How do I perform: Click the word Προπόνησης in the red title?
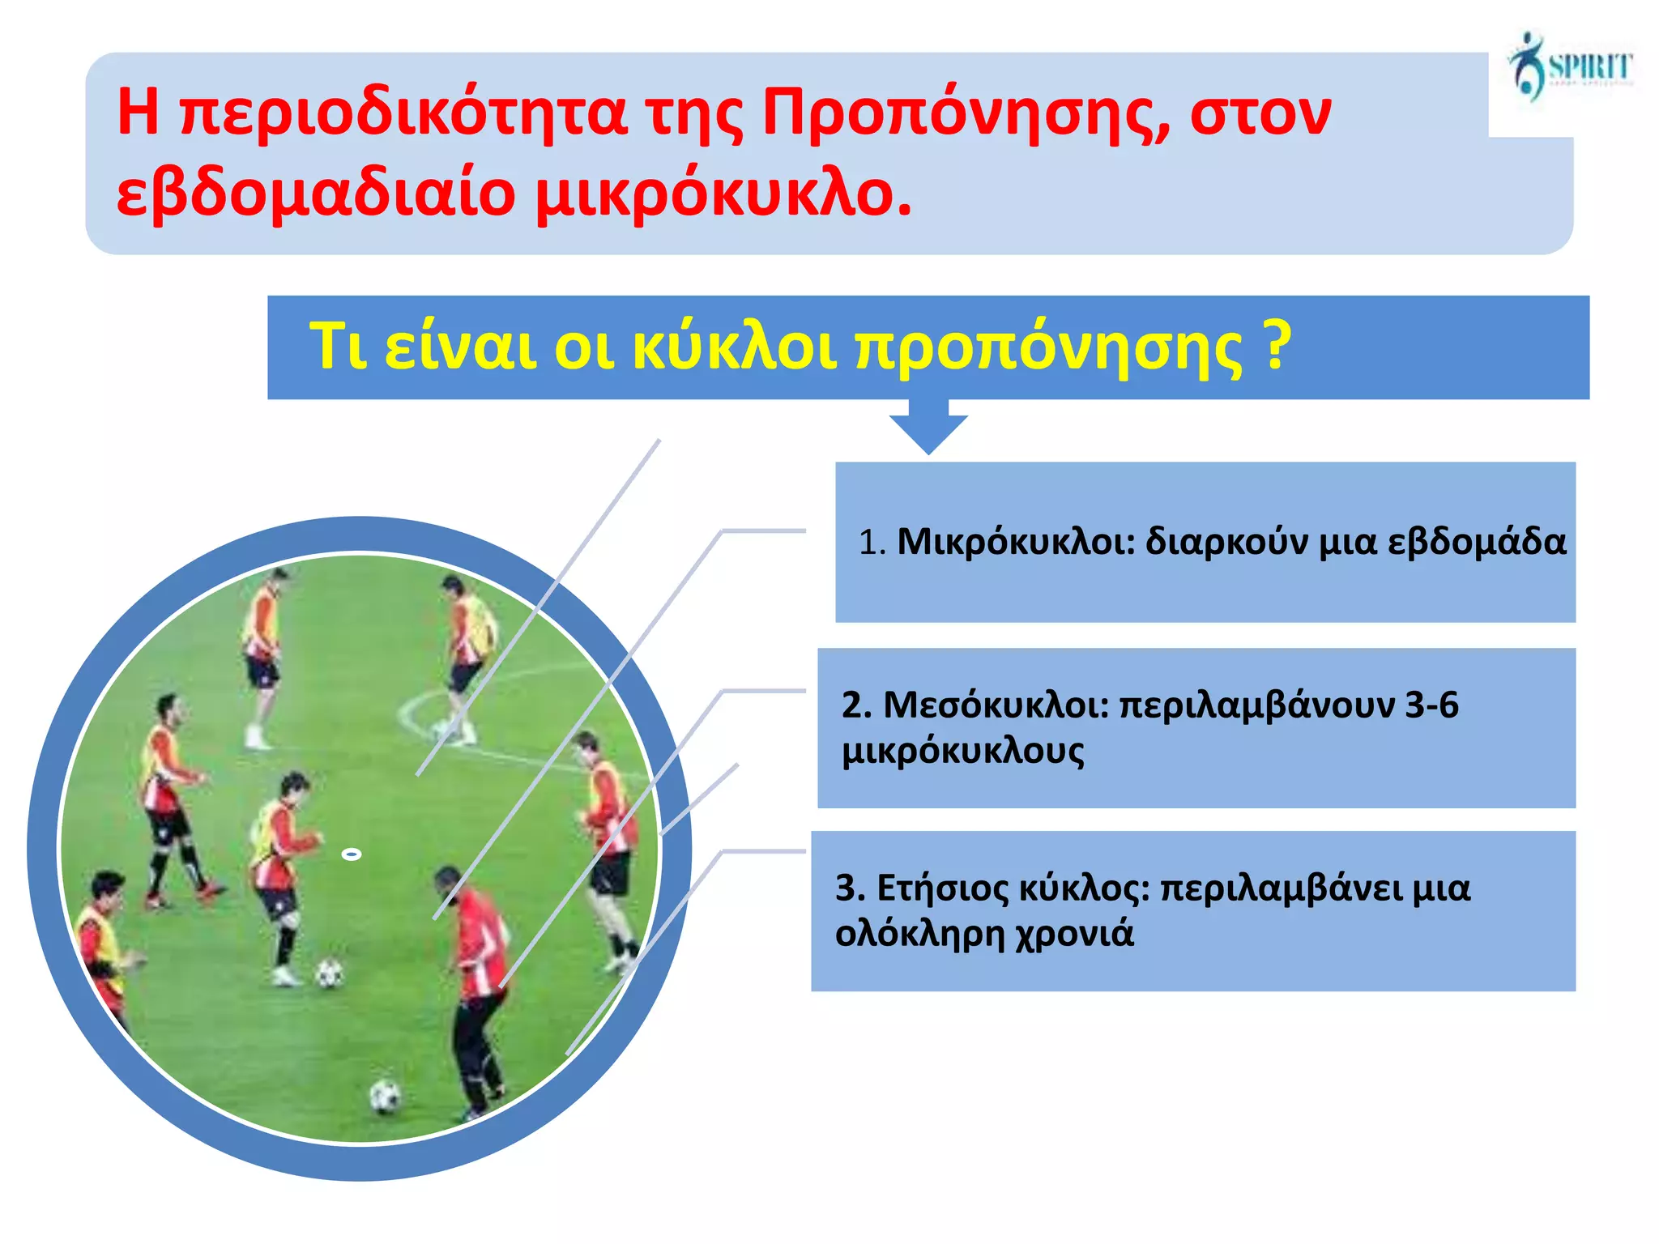click(964, 113)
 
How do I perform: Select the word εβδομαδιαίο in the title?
click(316, 194)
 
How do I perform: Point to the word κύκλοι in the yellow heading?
click(733, 347)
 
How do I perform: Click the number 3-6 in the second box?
click(1431, 705)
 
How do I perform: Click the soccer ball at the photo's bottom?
click(385, 1097)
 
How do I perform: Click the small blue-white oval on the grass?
click(351, 854)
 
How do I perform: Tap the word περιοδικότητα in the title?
click(405, 113)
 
